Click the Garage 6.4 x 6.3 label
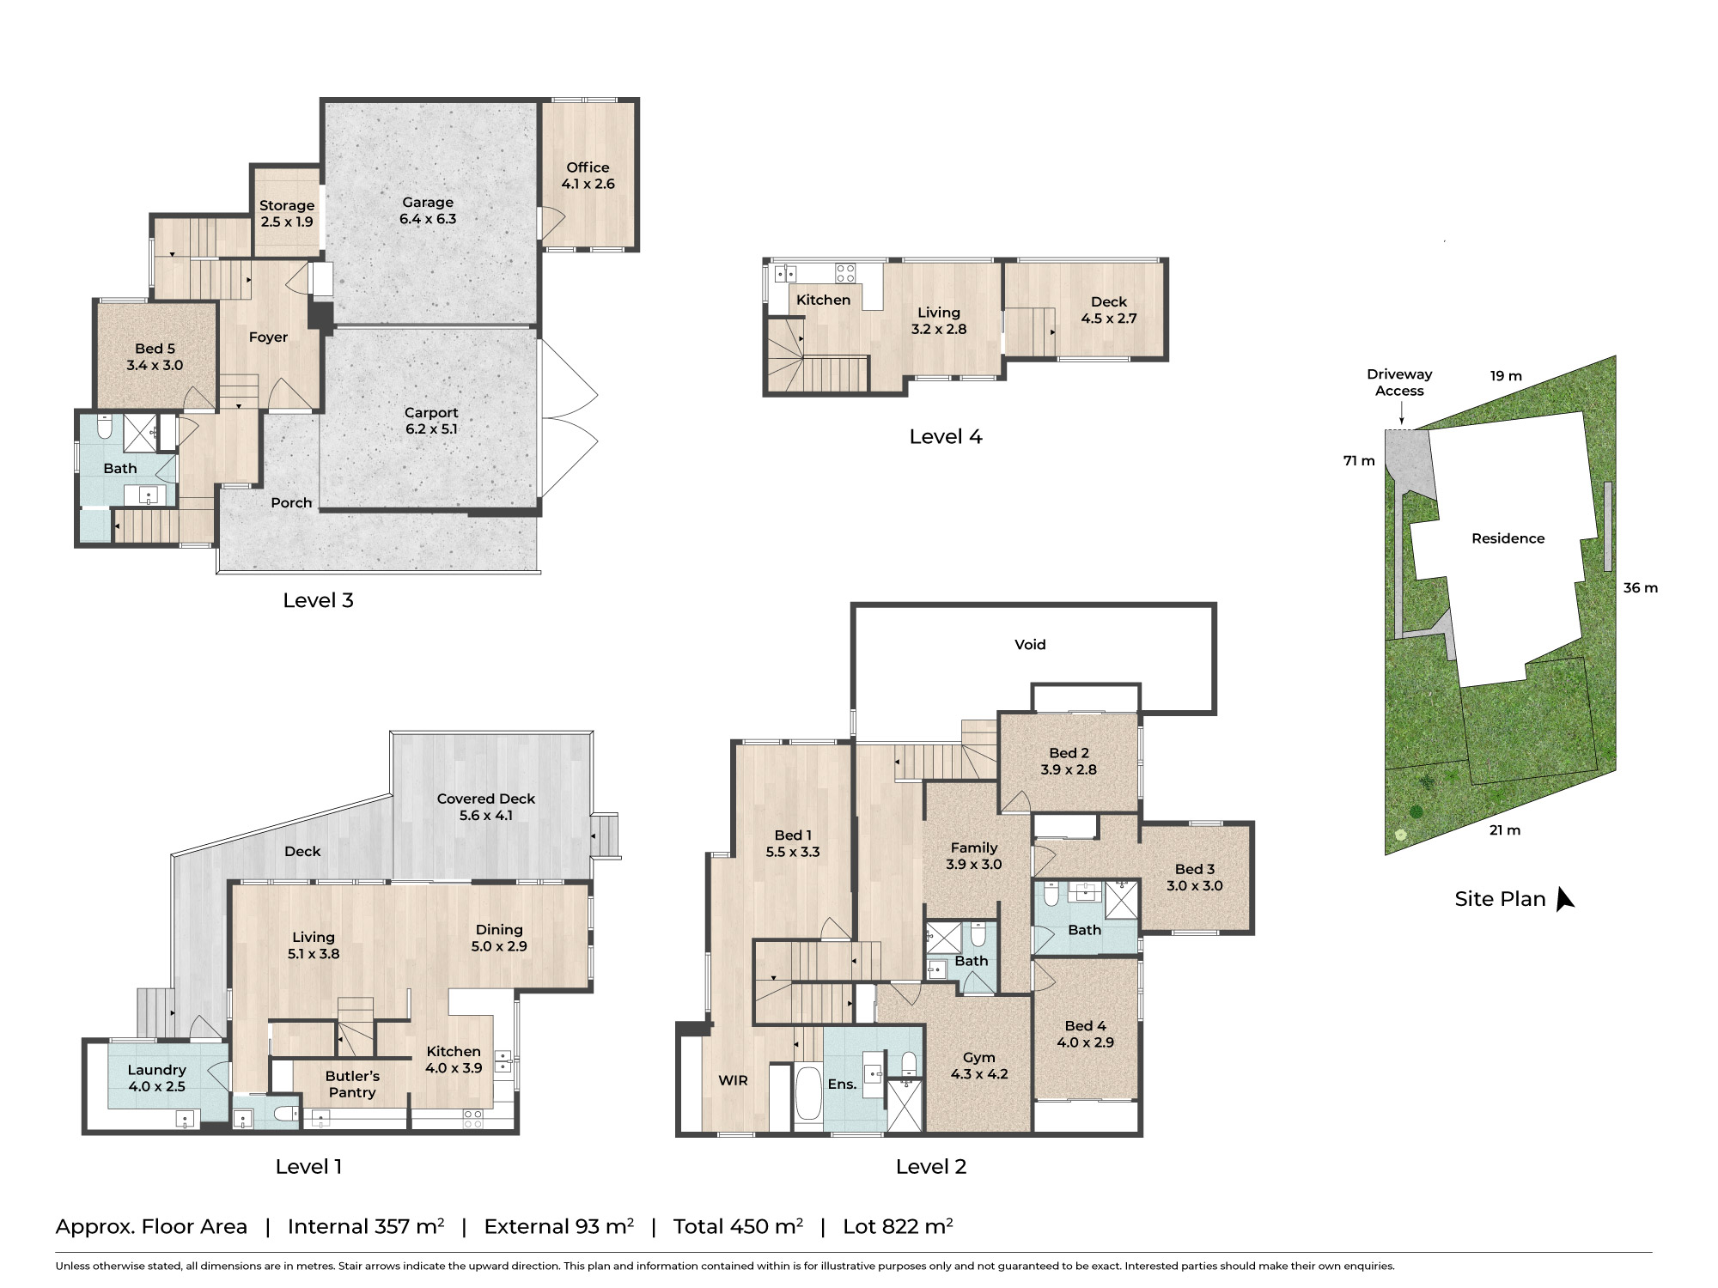428,210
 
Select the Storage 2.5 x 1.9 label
287,213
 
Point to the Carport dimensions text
431,429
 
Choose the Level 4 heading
945,437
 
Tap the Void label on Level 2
1030,645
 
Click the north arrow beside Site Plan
1564,899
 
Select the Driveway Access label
1399,382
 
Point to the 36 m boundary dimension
1640,588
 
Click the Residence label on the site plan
1508,538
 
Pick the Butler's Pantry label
352,1084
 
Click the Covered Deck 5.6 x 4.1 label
485,806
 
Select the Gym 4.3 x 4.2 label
978,1066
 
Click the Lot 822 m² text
898,1226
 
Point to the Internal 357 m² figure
366,1226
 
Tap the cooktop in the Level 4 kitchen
845,273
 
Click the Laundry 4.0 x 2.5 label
156,1078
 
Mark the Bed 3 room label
1194,877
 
